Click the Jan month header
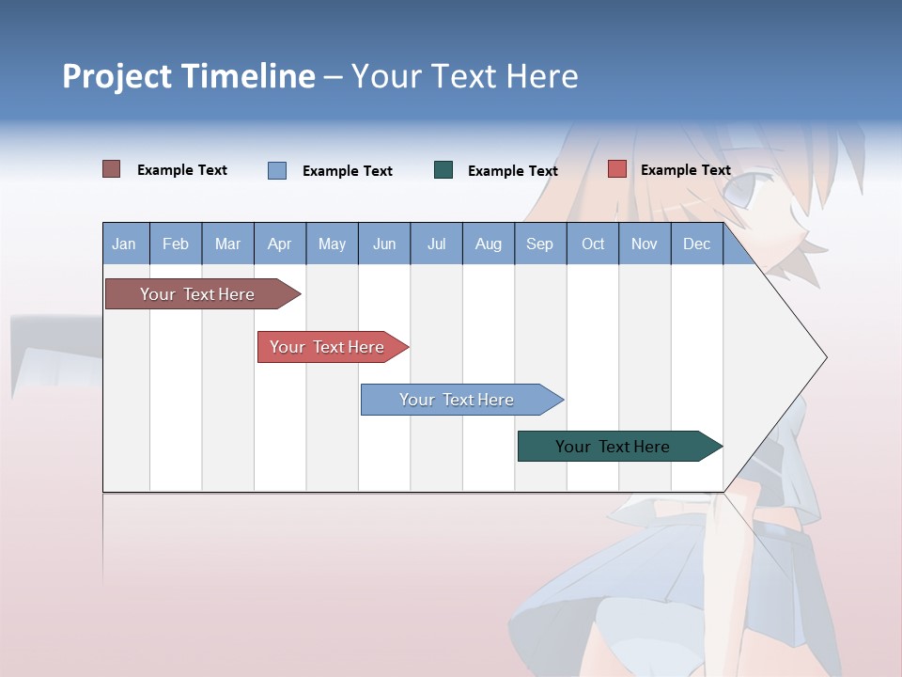point(125,244)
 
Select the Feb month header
point(176,244)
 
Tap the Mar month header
point(227,244)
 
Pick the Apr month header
point(280,244)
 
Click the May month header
point(332,244)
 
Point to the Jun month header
point(384,244)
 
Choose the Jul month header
point(436,244)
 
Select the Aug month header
point(489,244)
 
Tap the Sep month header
point(540,244)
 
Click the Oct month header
point(593,244)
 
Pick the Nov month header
point(645,244)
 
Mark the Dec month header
point(697,244)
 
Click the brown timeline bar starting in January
point(198,294)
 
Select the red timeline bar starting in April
point(328,347)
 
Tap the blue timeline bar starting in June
point(458,400)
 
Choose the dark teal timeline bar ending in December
point(614,447)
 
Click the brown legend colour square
point(112,169)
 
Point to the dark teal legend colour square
point(443,169)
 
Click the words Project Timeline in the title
point(189,76)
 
